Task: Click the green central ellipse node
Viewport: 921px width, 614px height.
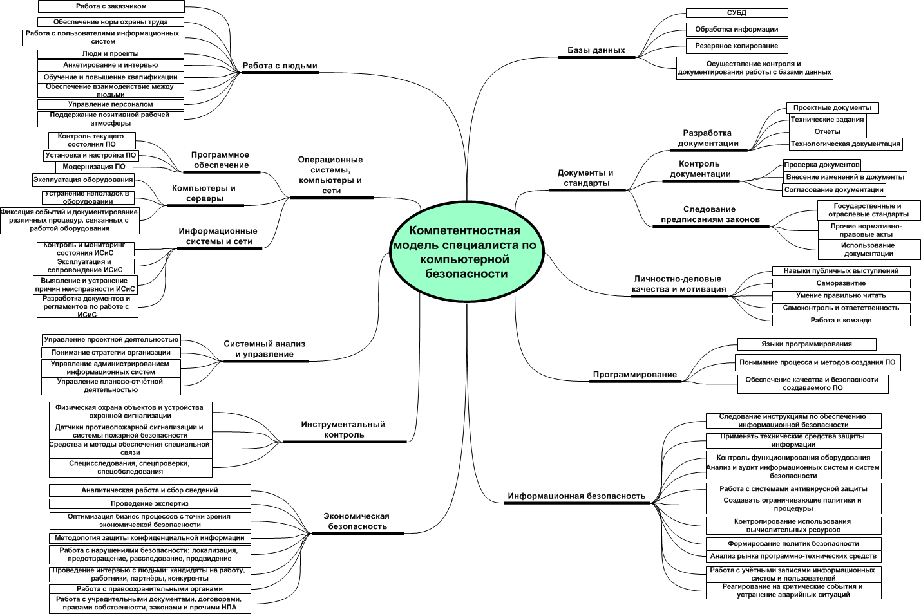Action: pos(467,252)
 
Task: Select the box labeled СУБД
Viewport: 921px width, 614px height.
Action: pos(737,13)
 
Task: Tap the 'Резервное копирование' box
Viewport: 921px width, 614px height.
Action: pos(737,46)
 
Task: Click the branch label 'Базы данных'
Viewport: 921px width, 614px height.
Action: pos(596,50)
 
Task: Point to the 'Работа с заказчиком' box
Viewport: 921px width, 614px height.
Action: pos(111,6)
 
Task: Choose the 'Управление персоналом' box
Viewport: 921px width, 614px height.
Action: pos(111,104)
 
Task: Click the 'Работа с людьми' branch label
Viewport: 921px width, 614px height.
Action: pos(280,66)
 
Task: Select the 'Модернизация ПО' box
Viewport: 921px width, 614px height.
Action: pos(94,167)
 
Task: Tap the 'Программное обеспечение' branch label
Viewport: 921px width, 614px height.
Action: pos(220,160)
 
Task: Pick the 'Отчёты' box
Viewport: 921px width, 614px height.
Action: pos(827,132)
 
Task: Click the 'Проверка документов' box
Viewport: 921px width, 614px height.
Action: pos(822,165)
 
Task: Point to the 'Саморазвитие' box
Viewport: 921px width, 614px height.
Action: pos(841,283)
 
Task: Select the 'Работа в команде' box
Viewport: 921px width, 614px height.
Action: pos(841,320)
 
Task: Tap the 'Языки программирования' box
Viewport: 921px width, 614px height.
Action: pos(807,344)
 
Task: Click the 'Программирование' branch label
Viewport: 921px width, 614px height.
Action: pos(635,375)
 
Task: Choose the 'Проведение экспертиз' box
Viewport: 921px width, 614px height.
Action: pos(149,504)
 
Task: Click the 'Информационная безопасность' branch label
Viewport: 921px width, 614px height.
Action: pos(576,496)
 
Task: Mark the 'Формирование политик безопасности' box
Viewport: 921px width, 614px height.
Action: pos(793,544)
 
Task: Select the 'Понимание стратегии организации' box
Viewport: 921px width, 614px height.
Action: pos(111,353)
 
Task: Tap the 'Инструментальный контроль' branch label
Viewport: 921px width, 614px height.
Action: pos(343,429)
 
